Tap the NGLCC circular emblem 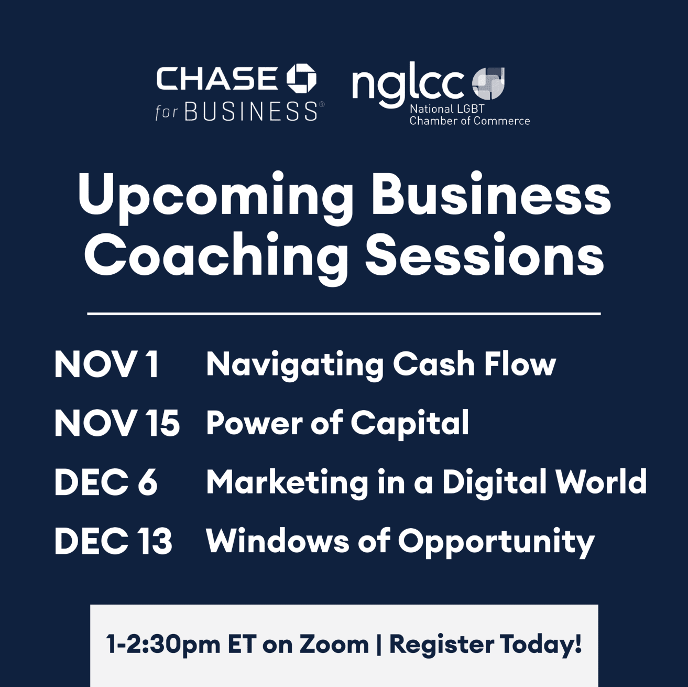488,83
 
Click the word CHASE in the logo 217,79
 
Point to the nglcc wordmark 408,84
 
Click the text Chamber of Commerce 469,121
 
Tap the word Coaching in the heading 216,258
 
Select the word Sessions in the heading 485,254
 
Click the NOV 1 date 106,364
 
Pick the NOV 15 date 117,424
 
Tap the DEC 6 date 106,482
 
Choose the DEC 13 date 113,541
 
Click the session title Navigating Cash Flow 381,366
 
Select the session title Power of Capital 337,424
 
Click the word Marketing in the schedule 287,483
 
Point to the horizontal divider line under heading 344,314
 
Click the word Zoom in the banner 333,645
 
